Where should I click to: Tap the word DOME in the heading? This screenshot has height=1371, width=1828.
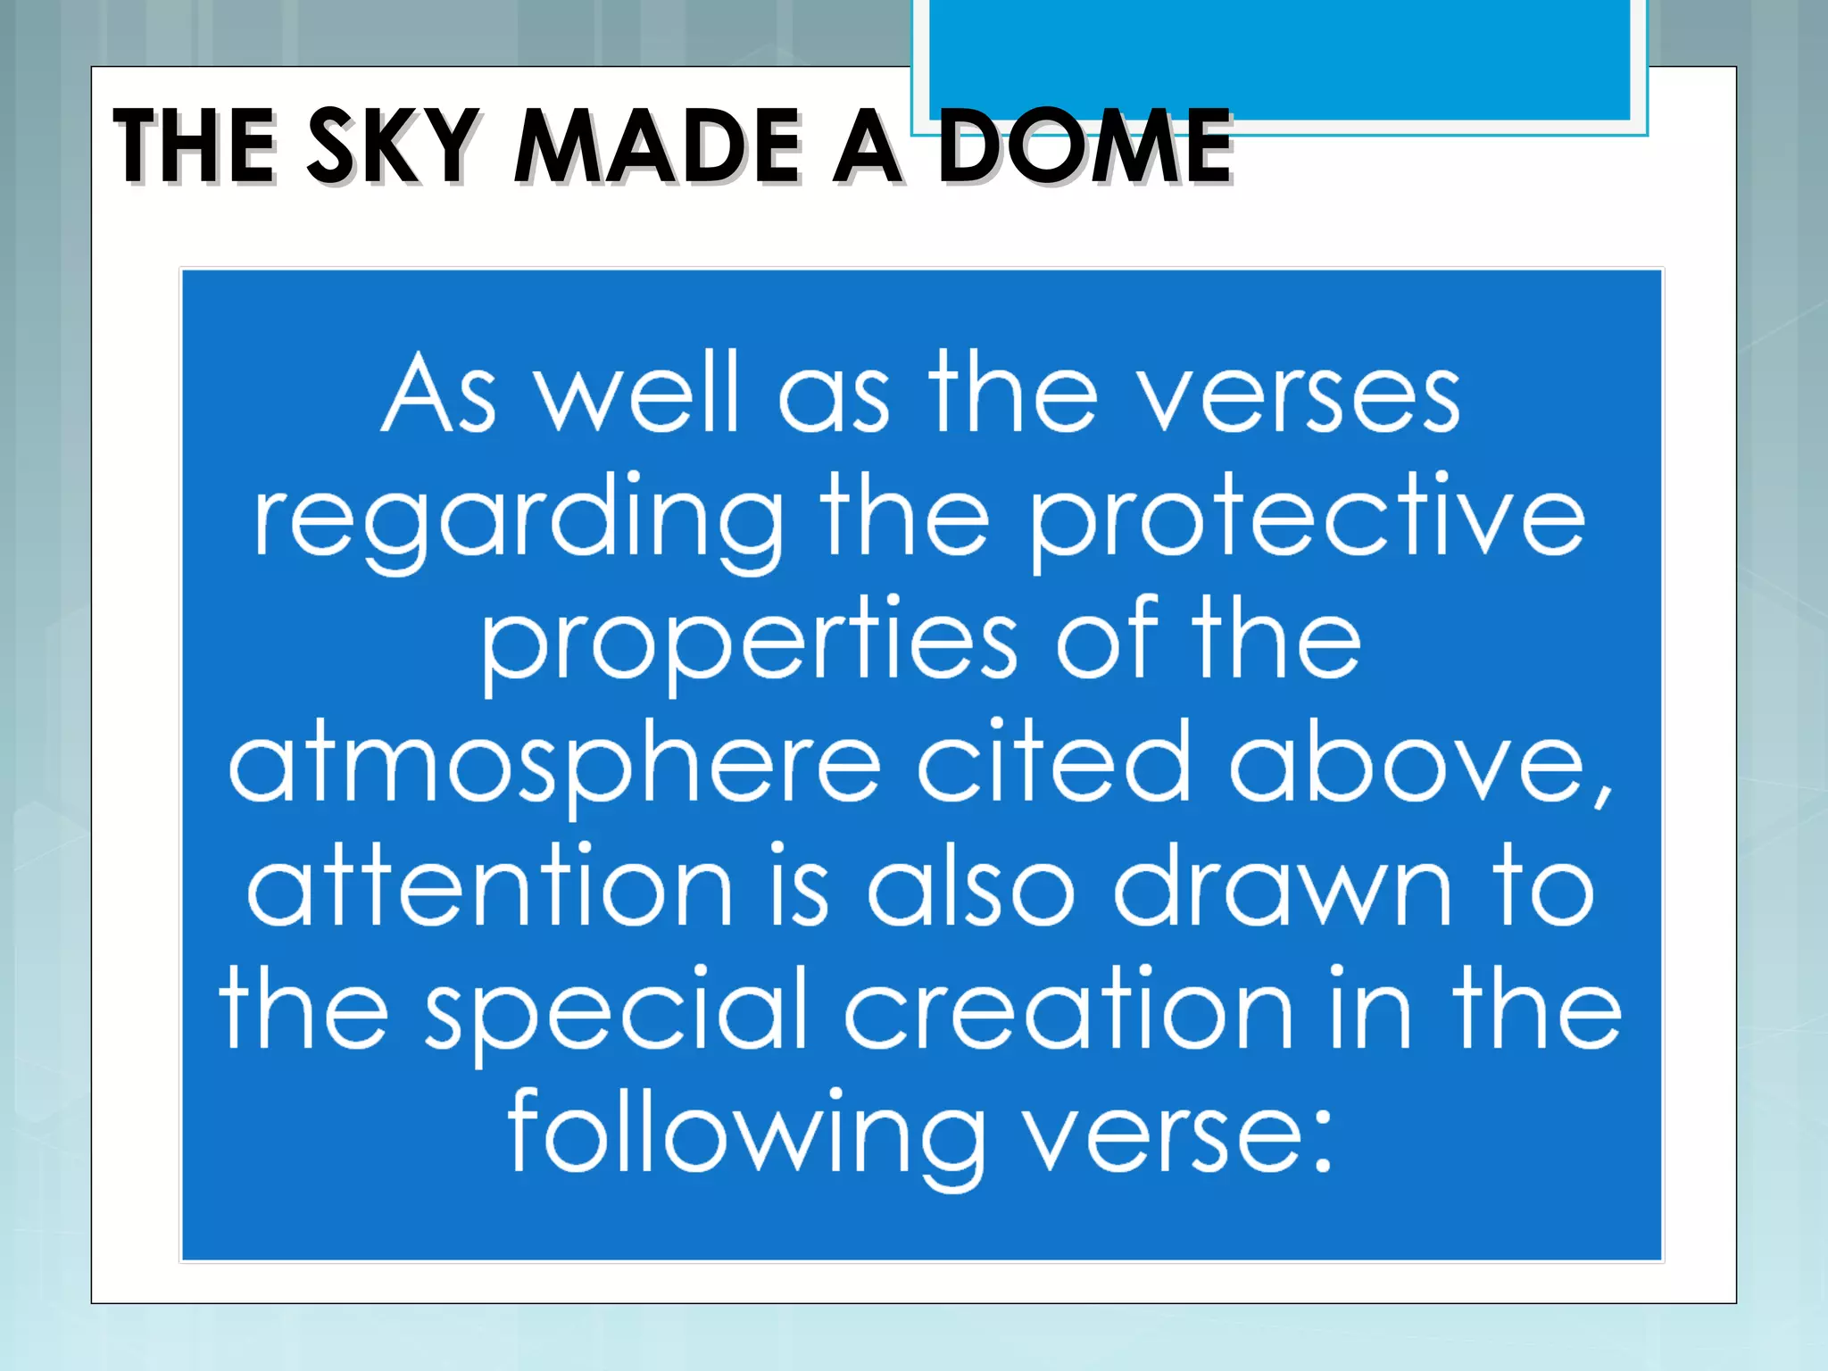(x=1084, y=145)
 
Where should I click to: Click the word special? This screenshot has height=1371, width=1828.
(x=616, y=1013)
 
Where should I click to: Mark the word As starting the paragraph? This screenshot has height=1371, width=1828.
(x=438, y=397)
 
